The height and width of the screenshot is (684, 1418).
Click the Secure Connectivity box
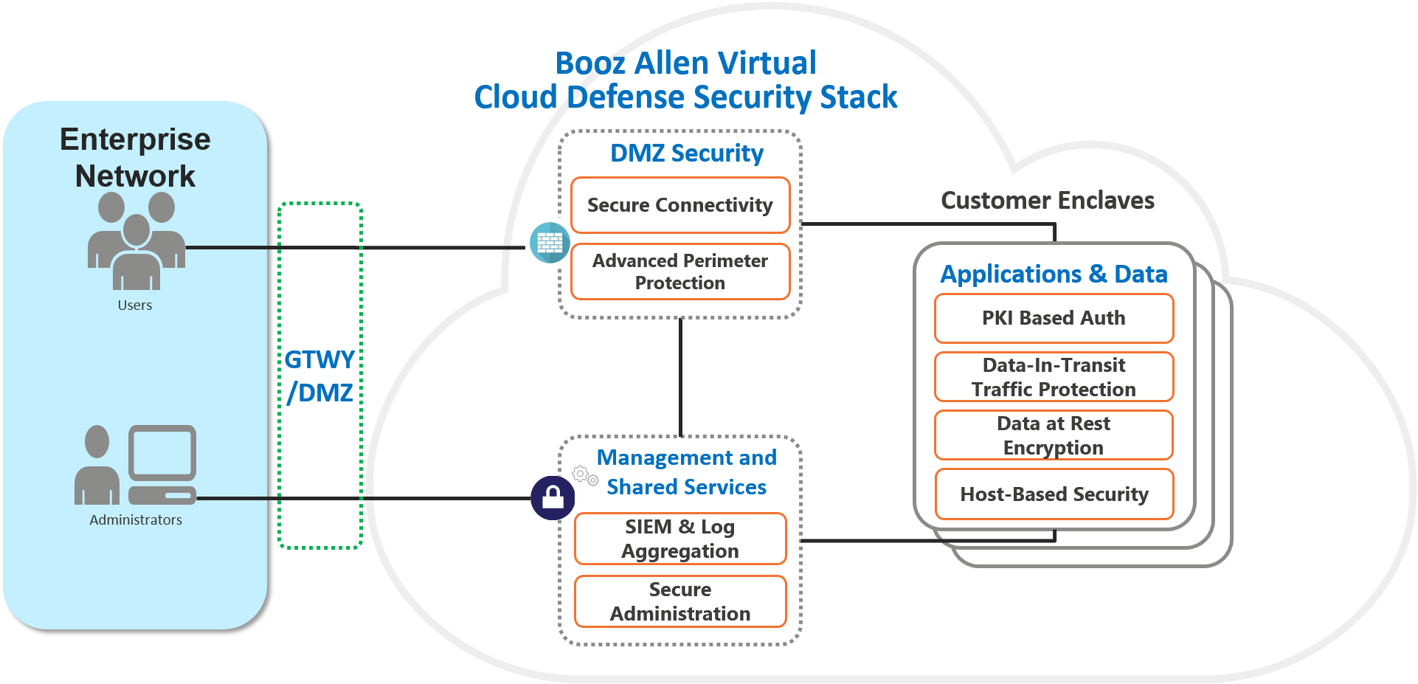tap(679, 205)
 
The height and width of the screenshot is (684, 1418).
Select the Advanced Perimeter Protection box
tap(679, 272)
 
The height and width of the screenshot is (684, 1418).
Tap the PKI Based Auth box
tap(1054, 318)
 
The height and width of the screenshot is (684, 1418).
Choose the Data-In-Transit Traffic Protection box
tap(1054, 377)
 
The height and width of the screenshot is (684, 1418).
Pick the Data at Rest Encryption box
tap(1054, 435)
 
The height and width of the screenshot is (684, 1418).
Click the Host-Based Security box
tap(1054, 494)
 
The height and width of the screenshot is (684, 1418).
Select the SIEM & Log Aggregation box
tap(679, 539)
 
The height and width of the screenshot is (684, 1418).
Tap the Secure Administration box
tap(679, 601)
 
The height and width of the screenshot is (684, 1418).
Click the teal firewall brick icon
tap(550, 243)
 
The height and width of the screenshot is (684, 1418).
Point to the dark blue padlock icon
tap(553, 498)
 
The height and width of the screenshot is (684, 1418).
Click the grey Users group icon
tap(136, 241)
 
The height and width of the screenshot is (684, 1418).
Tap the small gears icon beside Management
tap(585, 476)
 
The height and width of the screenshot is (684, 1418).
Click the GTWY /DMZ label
tap(320, 376)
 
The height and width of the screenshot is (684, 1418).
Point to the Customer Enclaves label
tap(1048, 201)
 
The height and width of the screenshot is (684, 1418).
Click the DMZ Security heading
tap(686, 153)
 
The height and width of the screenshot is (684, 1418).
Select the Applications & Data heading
tap(1054, 274)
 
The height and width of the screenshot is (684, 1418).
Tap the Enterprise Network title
tap(136, 157)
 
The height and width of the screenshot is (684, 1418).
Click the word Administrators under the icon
tap(136, 519)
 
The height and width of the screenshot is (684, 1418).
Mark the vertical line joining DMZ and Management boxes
tap(680, 376)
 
